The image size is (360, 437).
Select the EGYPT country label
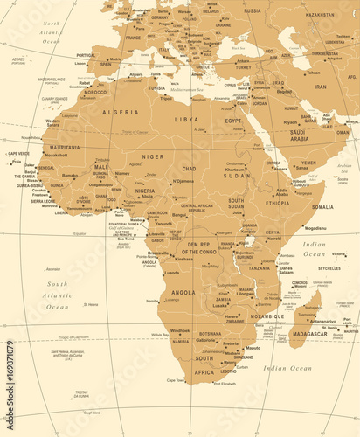coord(233,121)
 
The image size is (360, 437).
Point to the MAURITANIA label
coord(65,148)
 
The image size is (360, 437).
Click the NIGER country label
coord(153,156)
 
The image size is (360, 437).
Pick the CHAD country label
coord(189,168)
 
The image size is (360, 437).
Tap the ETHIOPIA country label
coord(278,202)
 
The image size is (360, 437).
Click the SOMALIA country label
coord(322,207)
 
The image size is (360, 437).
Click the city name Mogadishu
coord(315,228)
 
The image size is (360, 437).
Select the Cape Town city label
coord(176,380)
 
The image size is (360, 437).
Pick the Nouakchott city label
coord(56,155)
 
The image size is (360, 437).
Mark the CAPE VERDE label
coord(17,154)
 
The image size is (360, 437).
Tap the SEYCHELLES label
coord(329,268)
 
